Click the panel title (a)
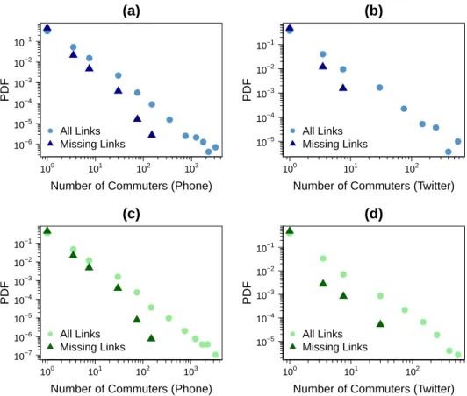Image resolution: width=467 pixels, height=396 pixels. click(131, 11)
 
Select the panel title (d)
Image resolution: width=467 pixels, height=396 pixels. click(373, 214)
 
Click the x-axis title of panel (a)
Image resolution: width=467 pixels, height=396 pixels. click(131, 186)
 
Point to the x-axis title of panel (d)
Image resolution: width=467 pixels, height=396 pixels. click(373, 389)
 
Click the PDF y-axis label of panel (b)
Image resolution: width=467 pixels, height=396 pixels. click(248, 89)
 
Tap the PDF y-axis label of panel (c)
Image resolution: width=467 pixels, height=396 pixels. click(4, 293)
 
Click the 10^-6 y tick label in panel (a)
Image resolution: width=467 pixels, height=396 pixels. click(23, 145)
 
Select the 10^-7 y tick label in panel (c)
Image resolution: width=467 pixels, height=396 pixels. click(23, 355)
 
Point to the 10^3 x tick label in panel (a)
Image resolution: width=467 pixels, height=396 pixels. click(191, 168)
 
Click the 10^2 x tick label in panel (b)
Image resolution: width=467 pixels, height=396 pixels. click(412, 168)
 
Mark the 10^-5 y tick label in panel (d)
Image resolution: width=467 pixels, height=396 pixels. click(266, 342)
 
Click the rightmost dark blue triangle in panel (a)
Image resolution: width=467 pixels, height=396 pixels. click(152, 135)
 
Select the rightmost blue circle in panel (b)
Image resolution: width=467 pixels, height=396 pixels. click(458, 142)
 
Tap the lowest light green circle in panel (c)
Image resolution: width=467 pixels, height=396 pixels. click(215, 355)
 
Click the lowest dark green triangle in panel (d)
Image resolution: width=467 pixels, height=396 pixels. click(380, 324)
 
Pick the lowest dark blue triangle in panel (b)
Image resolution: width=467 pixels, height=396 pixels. click(343, 88)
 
